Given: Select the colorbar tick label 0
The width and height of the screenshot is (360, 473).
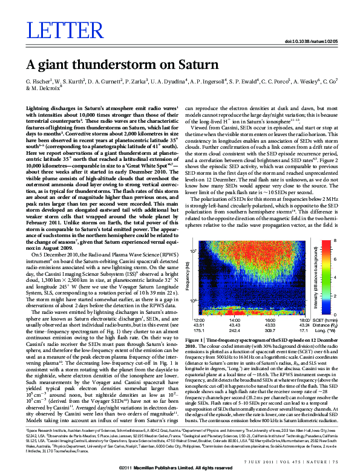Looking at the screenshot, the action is pyautogui.click(x=335, y=313).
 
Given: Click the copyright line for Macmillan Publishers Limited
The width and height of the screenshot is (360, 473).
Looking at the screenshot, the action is pyautogui.click(x=180, y=468).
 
